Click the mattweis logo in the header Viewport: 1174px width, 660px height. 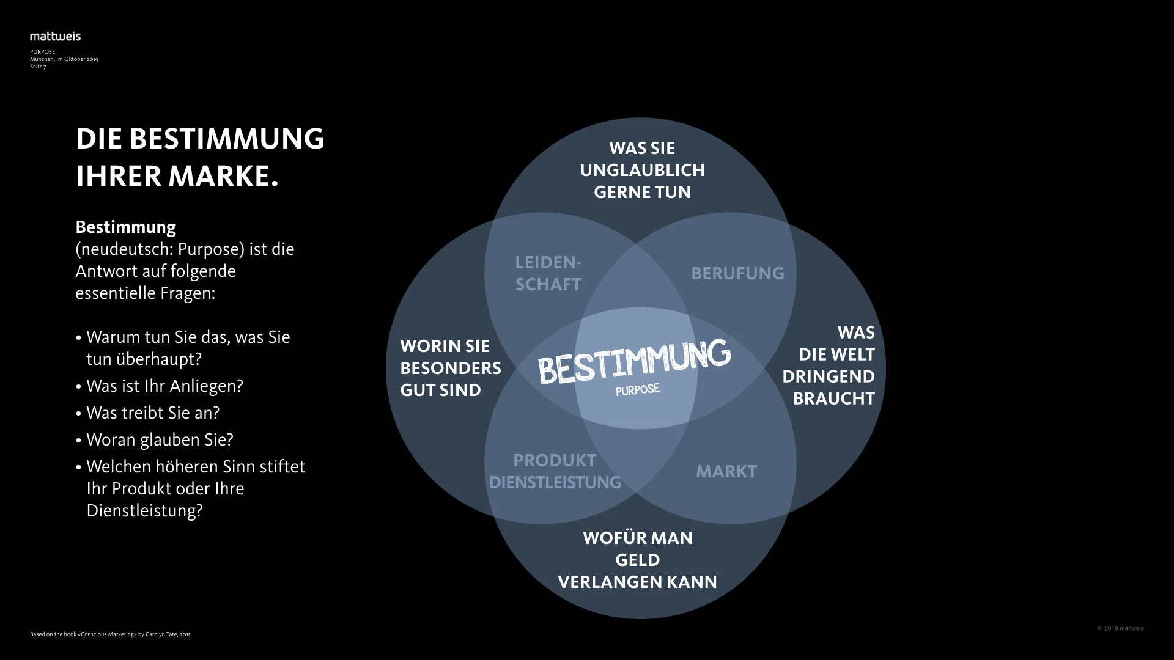55,37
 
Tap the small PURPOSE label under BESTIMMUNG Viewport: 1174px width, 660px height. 638,390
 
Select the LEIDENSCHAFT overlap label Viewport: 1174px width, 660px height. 548,273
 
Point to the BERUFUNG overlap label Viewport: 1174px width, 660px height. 737,273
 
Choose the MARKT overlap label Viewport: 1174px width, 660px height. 726,471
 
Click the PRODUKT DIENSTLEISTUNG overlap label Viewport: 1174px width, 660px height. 555,471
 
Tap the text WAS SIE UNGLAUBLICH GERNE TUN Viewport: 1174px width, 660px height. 642,170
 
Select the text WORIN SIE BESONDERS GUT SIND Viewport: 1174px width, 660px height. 450,368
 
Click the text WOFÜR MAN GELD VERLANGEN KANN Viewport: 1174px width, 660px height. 637,560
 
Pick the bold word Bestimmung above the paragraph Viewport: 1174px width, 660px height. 125,227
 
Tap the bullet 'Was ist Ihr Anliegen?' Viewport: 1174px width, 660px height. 164,386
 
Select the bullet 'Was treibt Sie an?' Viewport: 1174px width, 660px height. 153,413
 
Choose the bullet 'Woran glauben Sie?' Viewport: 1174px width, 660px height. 160,440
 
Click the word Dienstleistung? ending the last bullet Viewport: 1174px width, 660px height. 144,511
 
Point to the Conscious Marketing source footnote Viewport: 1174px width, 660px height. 110,634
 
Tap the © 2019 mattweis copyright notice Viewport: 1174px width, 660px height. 1120,628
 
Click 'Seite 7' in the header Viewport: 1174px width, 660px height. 38,67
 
